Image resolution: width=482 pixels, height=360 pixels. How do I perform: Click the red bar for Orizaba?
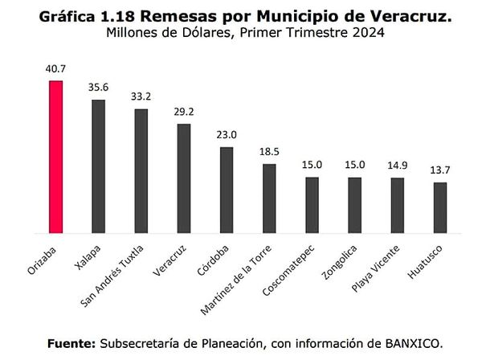click(x=55, y=157)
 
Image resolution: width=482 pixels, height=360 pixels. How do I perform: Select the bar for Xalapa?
click(x=98, y=166)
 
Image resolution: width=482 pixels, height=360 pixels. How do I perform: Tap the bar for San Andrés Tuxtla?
click(x=141, y=170)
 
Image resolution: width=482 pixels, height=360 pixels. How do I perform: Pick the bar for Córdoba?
click(x=227, y=190)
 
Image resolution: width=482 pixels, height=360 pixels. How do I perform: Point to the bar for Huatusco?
click(x=439, y=207)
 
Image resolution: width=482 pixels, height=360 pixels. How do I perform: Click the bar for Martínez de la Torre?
click(x=269, y=198)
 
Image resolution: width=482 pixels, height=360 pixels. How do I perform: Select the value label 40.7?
click(x=55, y=69)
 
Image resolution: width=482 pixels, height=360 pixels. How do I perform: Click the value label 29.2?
click(x=183, y=112)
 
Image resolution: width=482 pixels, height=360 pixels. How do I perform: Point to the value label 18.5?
click(x=269, y=152)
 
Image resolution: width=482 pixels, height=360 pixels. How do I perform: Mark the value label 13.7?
click(x=439, y=171)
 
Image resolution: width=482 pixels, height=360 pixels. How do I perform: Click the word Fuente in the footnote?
click(x=71, y=342)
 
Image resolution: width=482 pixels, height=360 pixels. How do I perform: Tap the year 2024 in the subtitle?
click(x=367, y=34)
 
